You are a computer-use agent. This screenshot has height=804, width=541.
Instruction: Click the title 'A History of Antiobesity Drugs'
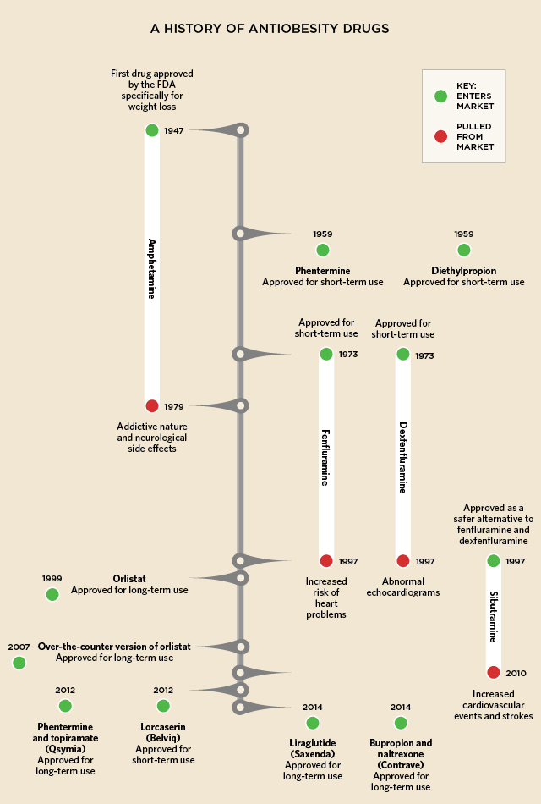270,28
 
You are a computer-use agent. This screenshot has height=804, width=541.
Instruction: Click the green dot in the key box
440,96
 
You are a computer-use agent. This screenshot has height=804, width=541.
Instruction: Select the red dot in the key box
440,136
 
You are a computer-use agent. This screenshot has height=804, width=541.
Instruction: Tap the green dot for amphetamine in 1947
151,130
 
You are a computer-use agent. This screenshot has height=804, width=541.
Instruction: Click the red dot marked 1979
151,406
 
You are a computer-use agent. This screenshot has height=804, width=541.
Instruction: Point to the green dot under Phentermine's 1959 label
322,250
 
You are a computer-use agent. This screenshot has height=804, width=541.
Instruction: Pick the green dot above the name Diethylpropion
463,250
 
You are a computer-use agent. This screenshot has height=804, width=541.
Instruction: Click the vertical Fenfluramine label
325,457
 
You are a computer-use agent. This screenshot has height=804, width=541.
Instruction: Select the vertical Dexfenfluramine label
403,457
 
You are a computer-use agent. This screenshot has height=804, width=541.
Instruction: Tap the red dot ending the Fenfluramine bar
326,561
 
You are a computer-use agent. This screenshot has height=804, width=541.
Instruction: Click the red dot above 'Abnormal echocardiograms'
403,561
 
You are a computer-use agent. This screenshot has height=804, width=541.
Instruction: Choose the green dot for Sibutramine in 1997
494,561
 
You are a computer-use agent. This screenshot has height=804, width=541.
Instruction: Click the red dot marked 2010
494,672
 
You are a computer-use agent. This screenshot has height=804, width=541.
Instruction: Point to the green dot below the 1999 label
52,594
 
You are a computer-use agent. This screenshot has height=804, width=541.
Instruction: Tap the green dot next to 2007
19,663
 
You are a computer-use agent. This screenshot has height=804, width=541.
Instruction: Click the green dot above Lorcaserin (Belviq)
163,706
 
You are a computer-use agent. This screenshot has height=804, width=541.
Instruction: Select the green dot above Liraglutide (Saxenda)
313,723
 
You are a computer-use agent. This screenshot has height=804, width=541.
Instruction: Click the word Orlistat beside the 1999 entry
129,579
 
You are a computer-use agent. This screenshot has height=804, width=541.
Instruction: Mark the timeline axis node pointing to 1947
241,130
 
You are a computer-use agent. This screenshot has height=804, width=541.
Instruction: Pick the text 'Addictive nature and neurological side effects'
151,438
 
